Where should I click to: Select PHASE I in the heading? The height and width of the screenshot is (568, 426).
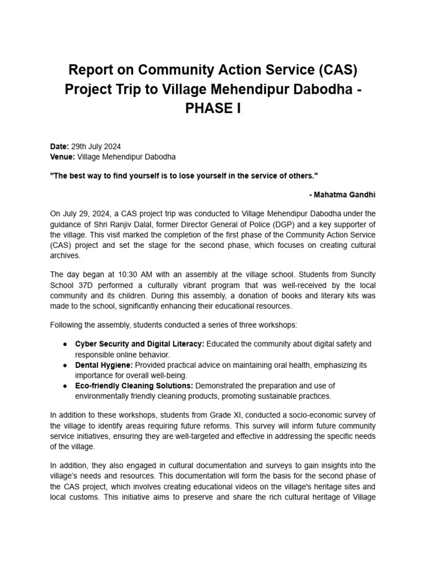tap(213, 108)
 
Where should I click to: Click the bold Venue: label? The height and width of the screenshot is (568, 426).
tap(63, 157)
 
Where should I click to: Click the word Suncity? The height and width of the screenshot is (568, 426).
tap(361, 275)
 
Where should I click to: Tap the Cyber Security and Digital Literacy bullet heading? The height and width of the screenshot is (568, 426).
tap(139, 344)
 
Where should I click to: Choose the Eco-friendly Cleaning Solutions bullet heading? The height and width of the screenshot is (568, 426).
tap(134, 386)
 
